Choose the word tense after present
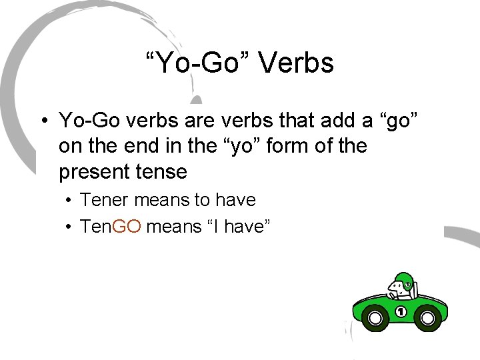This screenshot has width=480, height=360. coord(164,171)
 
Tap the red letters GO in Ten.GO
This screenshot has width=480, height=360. coord(127,226)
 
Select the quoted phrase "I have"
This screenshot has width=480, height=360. coord(230,226)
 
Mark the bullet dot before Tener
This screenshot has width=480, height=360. coord(69,200)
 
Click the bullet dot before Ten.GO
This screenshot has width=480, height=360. coord(69,227)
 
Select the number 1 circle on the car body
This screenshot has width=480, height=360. coord(401,311)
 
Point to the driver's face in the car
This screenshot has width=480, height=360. coord(398,288)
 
